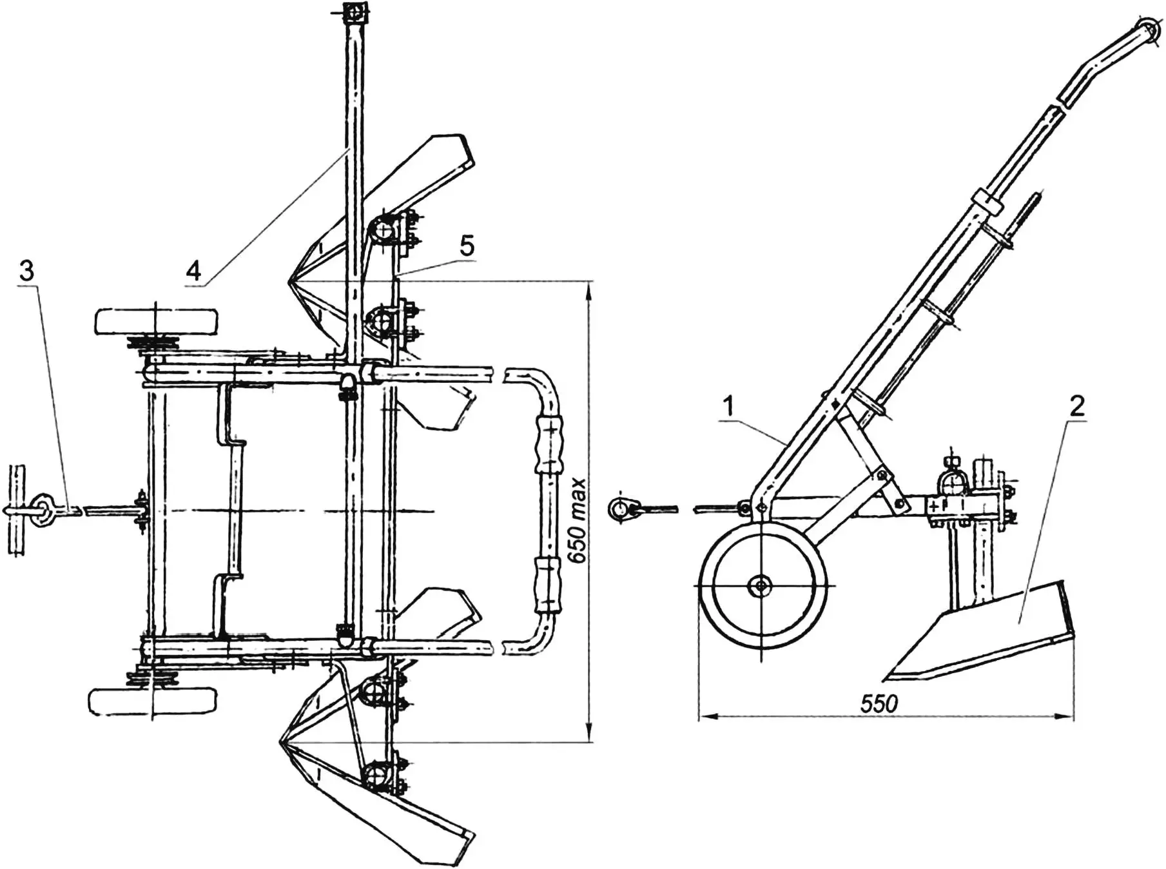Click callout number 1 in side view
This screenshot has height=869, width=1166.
728,407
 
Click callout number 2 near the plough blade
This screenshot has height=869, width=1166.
1077,406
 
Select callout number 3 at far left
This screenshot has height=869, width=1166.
26,271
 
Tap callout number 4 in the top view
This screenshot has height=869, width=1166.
193,271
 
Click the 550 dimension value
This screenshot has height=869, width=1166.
879,703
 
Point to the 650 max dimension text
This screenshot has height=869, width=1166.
578,520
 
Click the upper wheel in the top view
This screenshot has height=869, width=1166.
156,321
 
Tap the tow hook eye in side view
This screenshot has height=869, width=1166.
619,509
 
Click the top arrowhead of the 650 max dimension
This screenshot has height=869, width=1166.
588,287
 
